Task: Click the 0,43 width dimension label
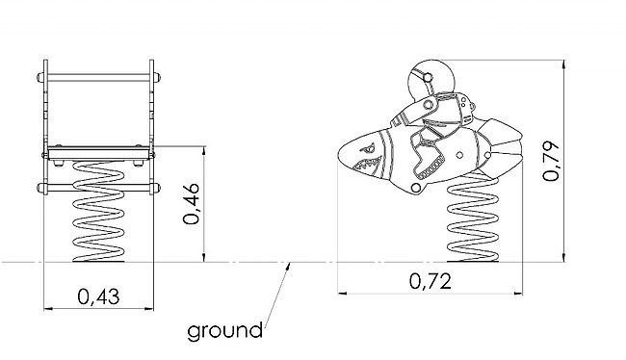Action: (98, 296)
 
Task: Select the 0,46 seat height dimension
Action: (192, 203)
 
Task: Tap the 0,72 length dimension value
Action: (430, 281)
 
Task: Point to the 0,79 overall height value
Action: (551, 161)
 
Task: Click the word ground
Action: (224, 331)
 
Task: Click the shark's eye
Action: (367, 150)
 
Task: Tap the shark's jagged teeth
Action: (368, 164)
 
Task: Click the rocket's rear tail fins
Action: (500, 147)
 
